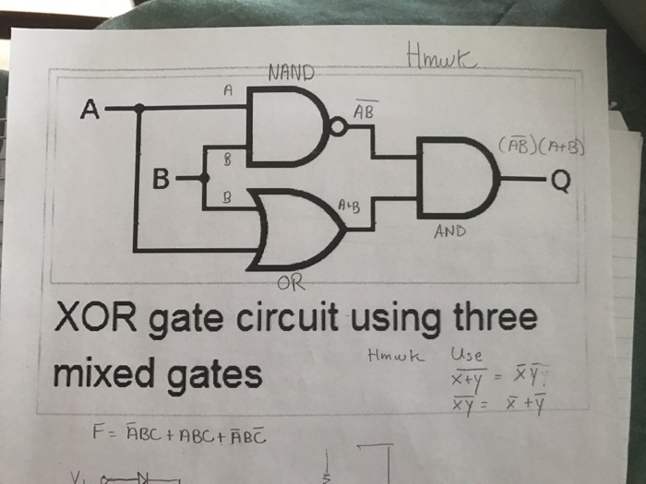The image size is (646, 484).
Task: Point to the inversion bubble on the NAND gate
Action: pos(340,130)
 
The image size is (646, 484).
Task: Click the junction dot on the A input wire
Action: pos(139,109)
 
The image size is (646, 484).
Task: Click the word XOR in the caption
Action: pos(104,319)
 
